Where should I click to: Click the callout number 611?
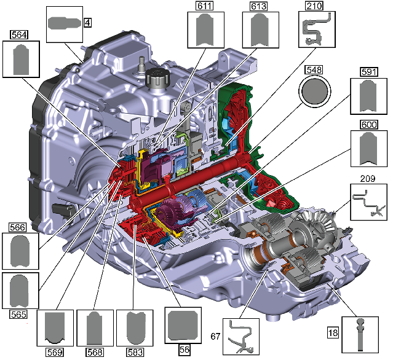click(205, 6)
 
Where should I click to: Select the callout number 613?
click(259, 6)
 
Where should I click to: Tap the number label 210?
click(314, 6)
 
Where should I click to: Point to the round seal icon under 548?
click(315, 92)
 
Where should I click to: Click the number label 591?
click(369, 72)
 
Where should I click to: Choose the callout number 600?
click(369, 125)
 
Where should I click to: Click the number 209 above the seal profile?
click(368, 179)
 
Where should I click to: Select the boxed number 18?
click(333, 333)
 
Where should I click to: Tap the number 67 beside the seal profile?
click(215, 337)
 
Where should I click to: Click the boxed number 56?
click(185, 350)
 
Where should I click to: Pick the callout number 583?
click(135, 353)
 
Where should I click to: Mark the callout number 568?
click(95, 353)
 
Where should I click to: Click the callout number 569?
click(55, 353)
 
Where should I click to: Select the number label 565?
click(19, 314)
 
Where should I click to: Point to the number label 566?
click(18, 227)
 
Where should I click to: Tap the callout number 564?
click(19, 34)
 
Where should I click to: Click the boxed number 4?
click(87, 23)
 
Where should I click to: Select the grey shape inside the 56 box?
click(183, 325)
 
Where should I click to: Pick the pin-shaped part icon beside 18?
click(360, 334)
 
